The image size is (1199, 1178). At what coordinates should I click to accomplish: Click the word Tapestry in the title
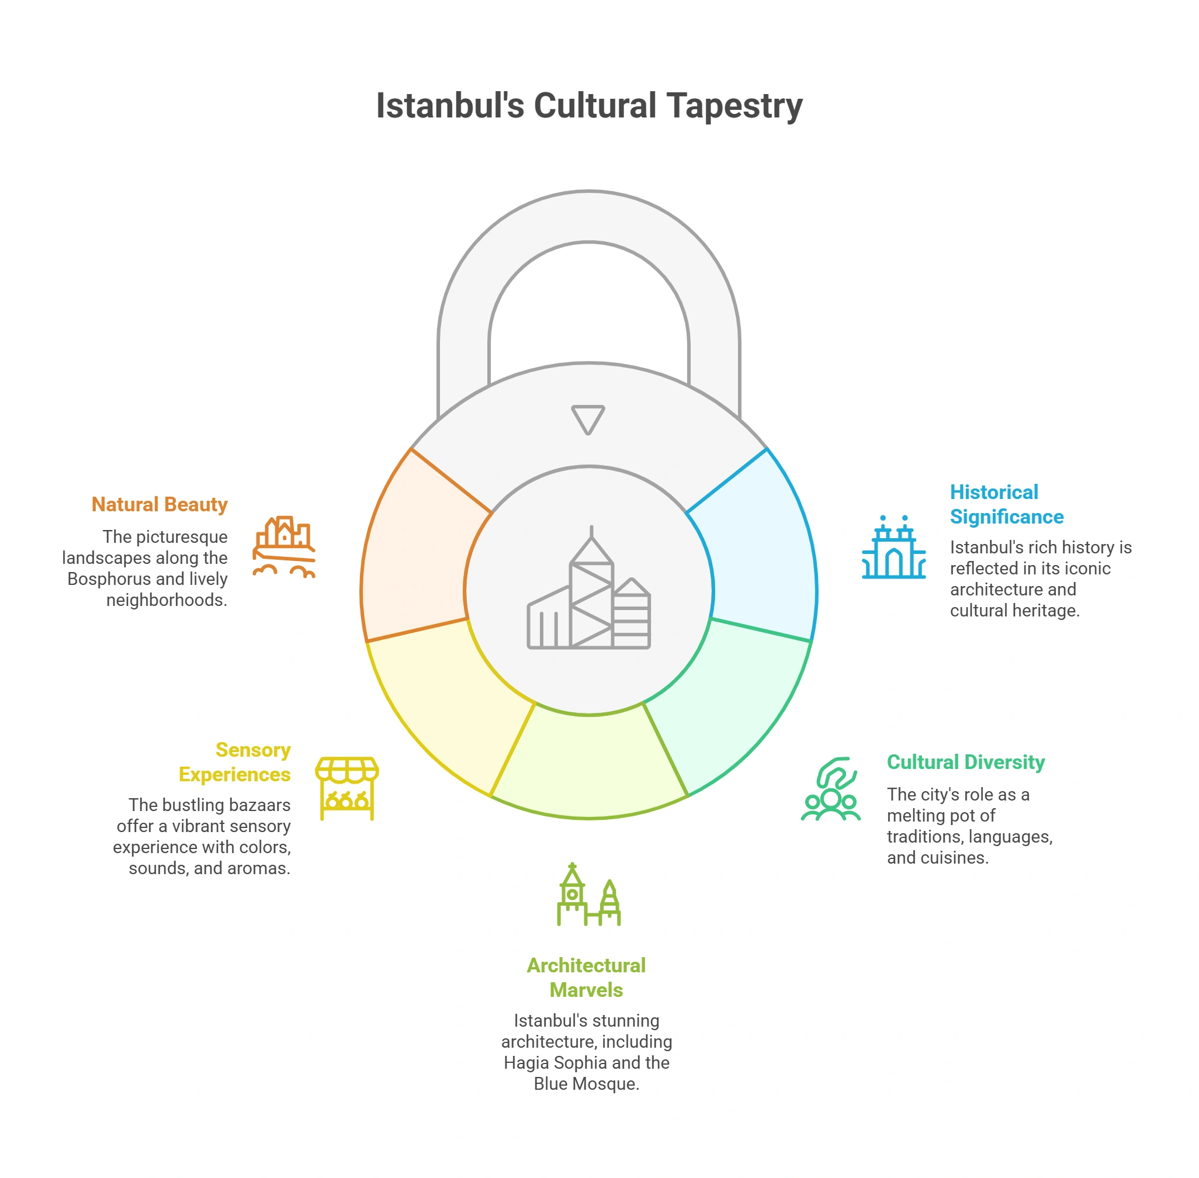click(734, 106)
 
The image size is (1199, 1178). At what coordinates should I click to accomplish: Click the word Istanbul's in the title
click(451, 105)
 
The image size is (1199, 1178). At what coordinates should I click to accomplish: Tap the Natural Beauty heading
click(160, 505)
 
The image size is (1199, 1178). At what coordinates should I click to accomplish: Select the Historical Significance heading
click(1007, 504)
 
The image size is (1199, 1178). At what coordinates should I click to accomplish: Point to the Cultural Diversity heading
click(966, 762)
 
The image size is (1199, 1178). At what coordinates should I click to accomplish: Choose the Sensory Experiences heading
click(234, 762)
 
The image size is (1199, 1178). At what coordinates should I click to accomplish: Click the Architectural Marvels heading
click(586, 978)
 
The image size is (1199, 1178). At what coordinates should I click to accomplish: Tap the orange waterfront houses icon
click(284, 547)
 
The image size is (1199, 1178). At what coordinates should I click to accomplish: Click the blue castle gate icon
click(894, 547)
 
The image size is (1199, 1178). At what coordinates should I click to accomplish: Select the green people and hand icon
click(831, 789)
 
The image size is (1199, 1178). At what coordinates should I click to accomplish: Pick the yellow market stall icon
click(347, 789)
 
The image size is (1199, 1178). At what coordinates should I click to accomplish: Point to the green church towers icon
click(588, 895)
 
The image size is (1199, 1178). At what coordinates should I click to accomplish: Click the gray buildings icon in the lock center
click(588, 588)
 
